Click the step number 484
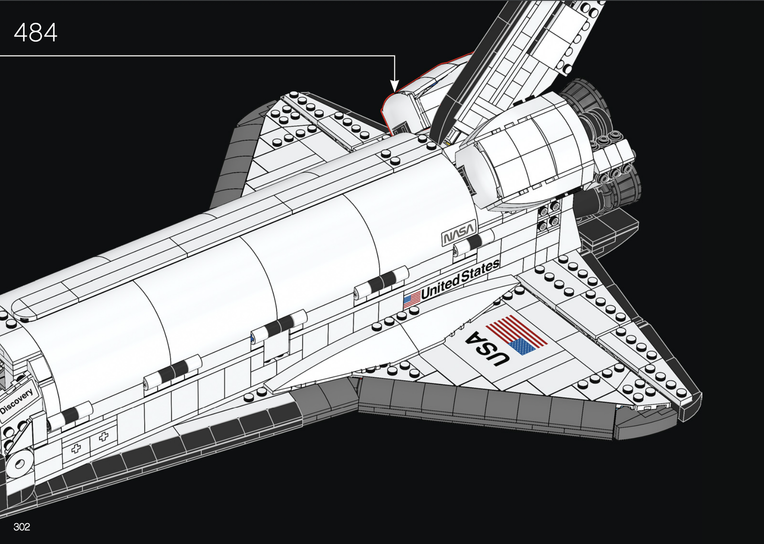coord(35,32)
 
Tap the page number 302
coord(22,527)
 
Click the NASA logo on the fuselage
coord(459,232)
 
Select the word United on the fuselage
coord(440,285)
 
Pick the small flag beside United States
coord(412,299)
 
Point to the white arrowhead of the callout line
coord(394,86)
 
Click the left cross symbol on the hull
coord(76,449)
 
